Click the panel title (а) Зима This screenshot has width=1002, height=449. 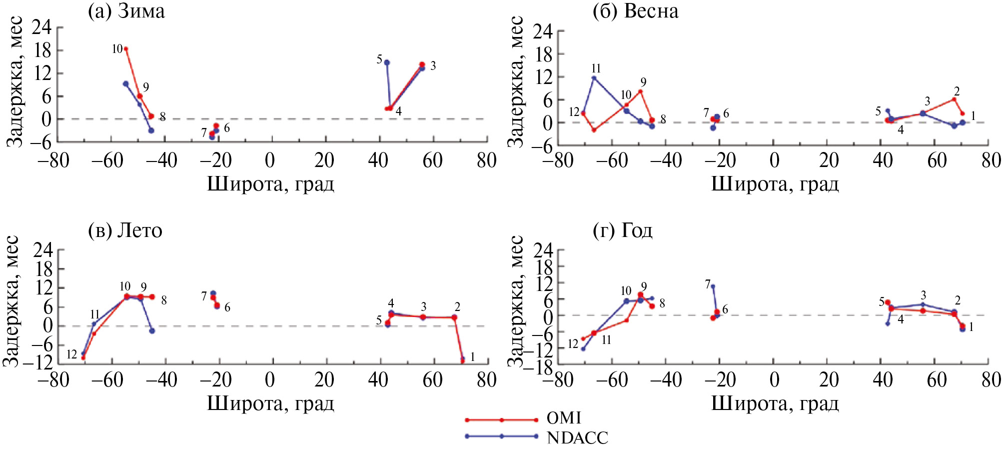click(x=126, y=11)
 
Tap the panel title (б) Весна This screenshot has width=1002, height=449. click(x=635, y=11)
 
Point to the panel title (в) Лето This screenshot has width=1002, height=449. click(x=125, y=230)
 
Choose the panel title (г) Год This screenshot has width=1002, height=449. click(x=622, y=230)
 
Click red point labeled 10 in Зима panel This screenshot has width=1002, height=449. click(x=126, y=49)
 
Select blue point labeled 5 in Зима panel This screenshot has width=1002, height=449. click(x=387, y=62)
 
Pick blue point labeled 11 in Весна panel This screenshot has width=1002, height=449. click(x=594, y=77)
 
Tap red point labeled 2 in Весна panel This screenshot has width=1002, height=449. click(x=954, y=99)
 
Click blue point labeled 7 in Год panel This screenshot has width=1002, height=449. click(x=713, y=286)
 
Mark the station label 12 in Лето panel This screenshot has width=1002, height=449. click(x=72, y=354)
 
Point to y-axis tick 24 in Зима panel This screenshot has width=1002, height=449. click(x=41, y=27)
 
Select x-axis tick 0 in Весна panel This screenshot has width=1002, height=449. click(x=774, y=160)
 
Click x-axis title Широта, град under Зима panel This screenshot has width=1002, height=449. click(x=270, y=184)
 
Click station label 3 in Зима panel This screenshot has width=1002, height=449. click(x=433, y=66)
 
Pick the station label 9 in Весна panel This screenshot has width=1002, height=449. click(x=643, y=82)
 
